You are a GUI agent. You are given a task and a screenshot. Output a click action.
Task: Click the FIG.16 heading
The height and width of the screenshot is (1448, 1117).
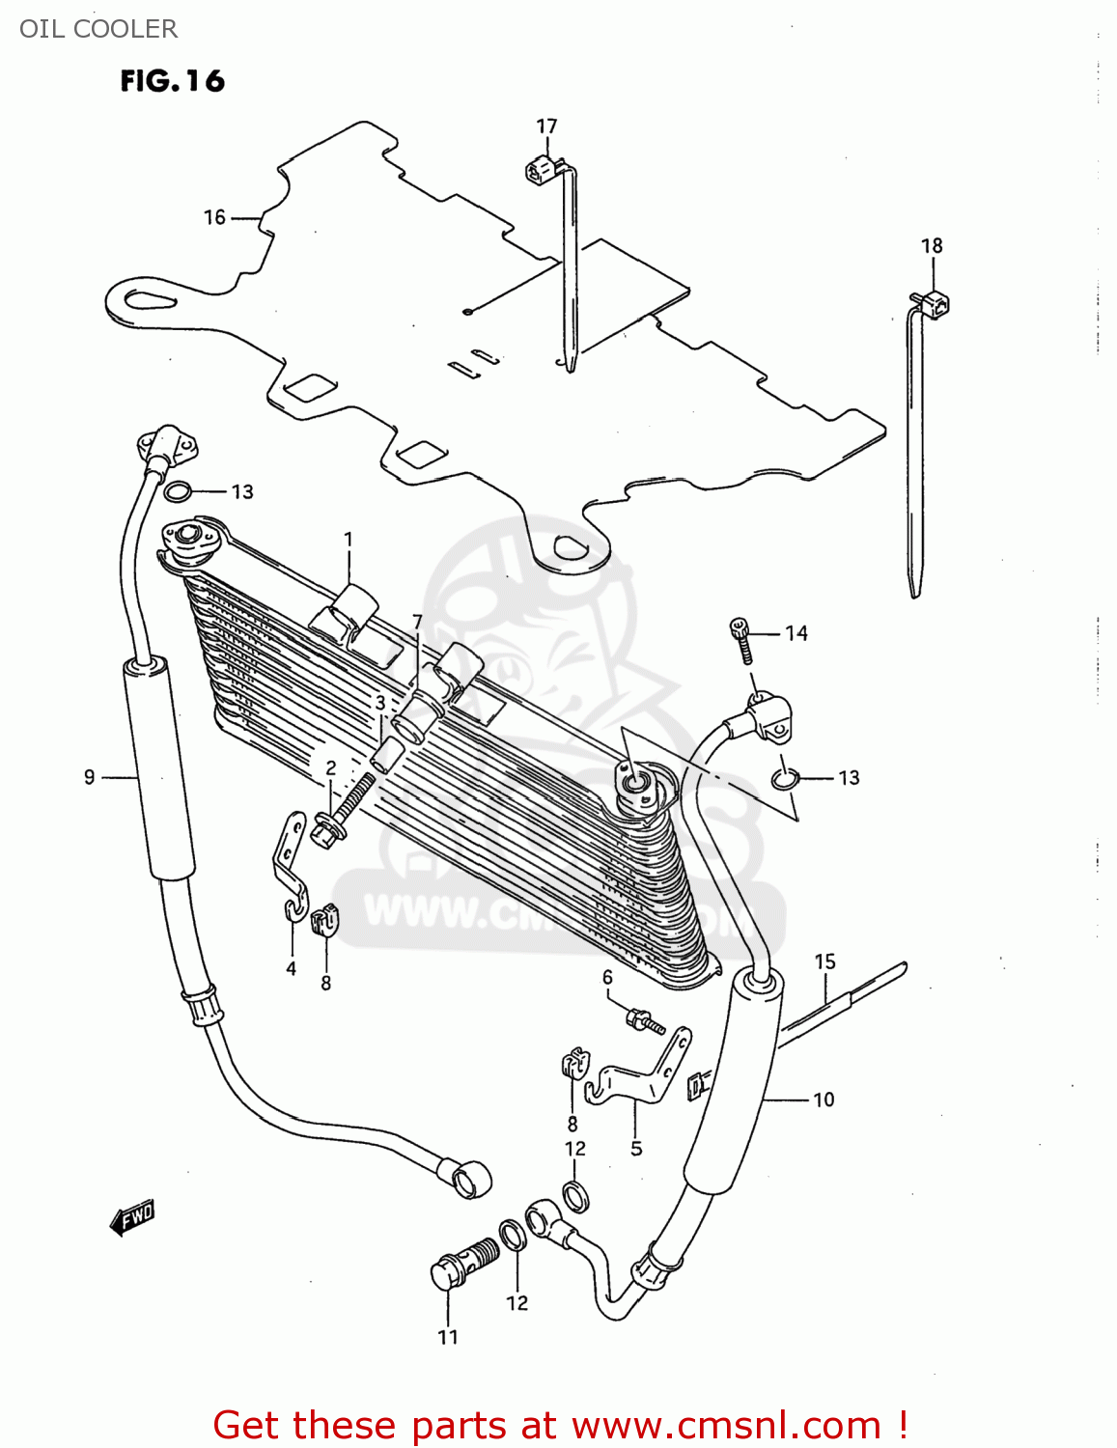(x=172, y=81)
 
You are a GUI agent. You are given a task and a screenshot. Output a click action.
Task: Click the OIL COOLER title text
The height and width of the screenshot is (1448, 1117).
(x=98, y=29)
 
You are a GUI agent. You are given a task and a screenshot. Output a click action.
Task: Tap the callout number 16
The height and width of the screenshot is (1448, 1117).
(x=214, y=218)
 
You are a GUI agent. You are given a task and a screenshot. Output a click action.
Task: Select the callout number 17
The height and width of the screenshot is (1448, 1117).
(x=546, y=126)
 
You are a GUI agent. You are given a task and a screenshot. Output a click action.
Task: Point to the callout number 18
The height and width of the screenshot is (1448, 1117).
(x=932, y=246)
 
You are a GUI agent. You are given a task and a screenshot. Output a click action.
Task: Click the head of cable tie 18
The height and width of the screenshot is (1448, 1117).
(x=935, y=305)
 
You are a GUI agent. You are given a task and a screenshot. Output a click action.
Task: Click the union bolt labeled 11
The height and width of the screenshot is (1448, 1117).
(x=461, y=1264)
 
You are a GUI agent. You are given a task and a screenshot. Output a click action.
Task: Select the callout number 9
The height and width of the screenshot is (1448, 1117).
(x=89, y=777)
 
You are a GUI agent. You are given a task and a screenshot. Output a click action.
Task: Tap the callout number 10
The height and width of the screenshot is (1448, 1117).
(x=824, y=1100)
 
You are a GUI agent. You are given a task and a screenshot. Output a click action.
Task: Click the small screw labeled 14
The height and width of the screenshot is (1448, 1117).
(x=740, y=640)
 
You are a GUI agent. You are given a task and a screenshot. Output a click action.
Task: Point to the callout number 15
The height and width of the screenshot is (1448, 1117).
(x=824, y=961)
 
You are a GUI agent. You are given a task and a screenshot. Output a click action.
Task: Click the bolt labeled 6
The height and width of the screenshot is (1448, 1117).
(x=645, y=1020)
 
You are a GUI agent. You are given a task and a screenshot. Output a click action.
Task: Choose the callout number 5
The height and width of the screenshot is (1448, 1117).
(x=636, y=1149)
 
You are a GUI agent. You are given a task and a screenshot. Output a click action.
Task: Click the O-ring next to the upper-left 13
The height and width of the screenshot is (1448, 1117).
(x=177, y=491)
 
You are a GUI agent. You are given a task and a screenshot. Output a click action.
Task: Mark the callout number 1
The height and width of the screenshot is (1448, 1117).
(x=349, y=540)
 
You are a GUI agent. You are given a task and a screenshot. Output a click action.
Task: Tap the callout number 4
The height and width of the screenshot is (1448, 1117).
(x=291, y=968)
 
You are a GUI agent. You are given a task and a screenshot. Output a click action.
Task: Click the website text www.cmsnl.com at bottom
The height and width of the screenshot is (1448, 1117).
(x=726, y=1426)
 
